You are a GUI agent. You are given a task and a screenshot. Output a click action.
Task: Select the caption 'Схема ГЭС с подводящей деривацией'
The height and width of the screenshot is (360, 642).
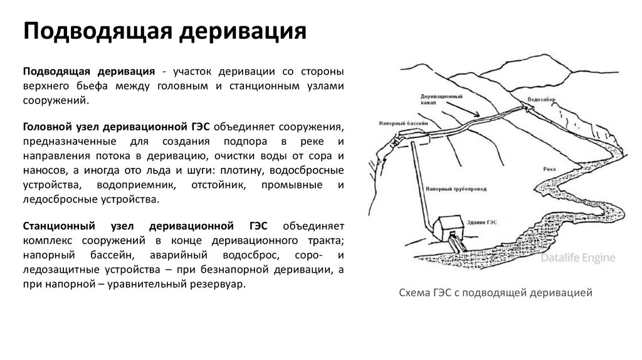point(496,293)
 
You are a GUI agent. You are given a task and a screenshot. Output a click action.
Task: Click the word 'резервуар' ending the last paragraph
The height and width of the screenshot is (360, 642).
point(221,283)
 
